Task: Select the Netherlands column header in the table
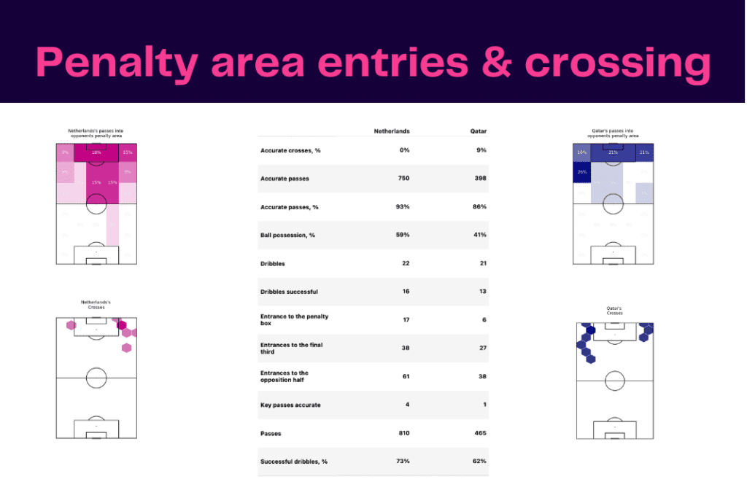(391, 131)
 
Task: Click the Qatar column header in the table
(478, 131)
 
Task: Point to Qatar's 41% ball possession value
(479, 235)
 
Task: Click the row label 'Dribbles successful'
(289, 292)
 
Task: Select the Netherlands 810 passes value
(401, 433)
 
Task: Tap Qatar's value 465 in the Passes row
(479, 433)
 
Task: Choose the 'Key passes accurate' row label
(290, 405)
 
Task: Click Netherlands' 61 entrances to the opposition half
(404, 376)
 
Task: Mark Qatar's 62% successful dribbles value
(479, 462)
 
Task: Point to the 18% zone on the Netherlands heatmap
(96, 152)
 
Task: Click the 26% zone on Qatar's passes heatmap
(581, 173)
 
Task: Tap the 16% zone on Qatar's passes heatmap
(581, 152)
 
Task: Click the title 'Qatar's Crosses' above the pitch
(613, 311)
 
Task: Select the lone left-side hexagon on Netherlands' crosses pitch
(71, 326)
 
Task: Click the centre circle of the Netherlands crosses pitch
(96, 378)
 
